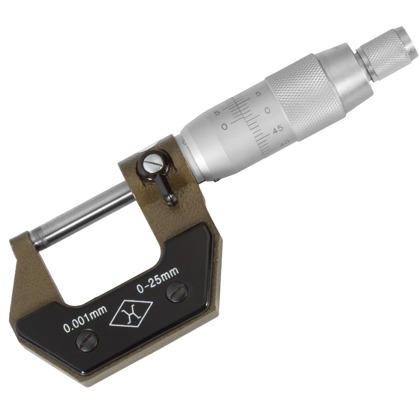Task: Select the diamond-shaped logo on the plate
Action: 131,314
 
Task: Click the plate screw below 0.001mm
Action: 87,341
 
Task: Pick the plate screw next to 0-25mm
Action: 177,292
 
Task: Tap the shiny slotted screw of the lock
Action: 153,163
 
